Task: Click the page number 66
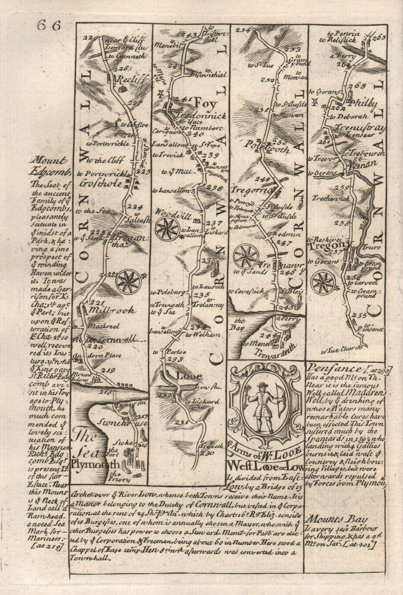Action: point(48,25)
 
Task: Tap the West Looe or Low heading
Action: point(266,466)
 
